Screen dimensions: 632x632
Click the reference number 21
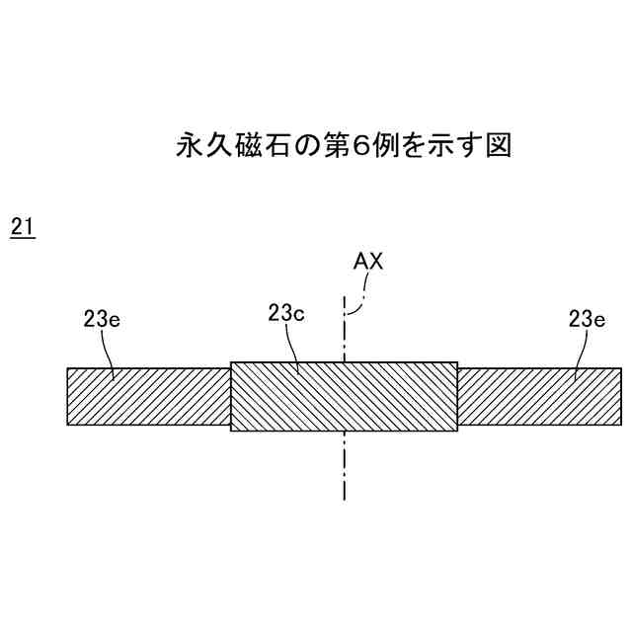tap(22, 227)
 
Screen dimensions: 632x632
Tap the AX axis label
tap(367, 262)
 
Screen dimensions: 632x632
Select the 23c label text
tap(285, 313)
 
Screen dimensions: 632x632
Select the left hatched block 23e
tap(148, 396)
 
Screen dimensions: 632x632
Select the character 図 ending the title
tap(498, 146)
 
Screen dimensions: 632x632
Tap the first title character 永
tap(189, 146)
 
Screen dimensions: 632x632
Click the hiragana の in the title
tap(308, 146)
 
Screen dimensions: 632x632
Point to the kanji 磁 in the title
tap(248, 146)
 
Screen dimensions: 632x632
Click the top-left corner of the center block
tap(231, 361)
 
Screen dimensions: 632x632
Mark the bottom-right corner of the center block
tap(457, 431)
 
